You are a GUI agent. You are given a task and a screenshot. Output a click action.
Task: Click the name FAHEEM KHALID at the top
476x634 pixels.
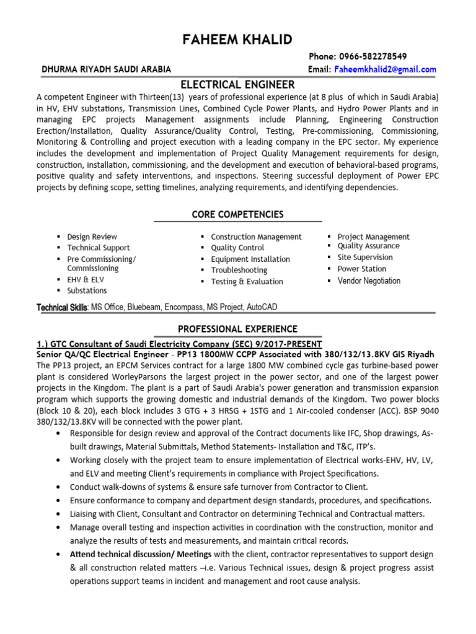click(237, 40)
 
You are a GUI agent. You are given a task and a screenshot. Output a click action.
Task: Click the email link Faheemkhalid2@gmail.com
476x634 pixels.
click(385, 69)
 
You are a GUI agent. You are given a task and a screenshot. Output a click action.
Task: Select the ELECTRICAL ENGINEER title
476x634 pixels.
click(237, 84)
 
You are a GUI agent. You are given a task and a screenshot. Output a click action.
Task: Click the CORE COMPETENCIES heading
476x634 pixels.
click(237, 214)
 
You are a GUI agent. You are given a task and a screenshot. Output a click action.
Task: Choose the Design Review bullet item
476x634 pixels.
click(92, 237)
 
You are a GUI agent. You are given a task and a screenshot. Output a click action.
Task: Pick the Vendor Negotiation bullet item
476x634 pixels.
click(369, 280)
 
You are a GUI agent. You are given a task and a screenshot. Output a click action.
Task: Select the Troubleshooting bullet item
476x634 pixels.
click(239, 270)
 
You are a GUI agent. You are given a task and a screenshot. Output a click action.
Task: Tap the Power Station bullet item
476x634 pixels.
click(361, 269)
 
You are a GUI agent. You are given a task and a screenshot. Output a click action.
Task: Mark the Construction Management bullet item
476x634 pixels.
click(256, 237)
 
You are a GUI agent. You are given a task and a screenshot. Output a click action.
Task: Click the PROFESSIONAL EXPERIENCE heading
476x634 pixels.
click(237, 329)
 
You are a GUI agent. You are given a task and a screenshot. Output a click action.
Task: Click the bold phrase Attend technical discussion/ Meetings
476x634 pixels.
click(141, 554)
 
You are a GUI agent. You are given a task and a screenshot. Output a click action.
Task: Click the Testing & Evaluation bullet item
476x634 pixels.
click(247, 281)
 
